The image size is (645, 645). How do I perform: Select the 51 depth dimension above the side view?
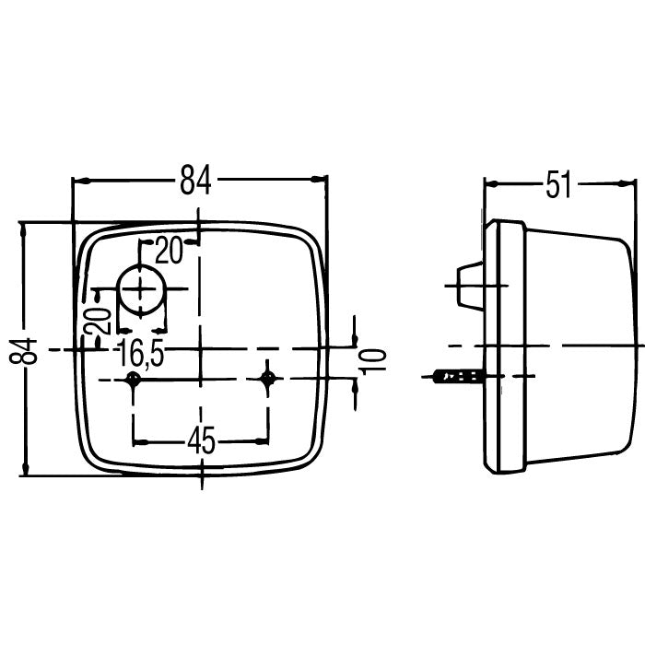tap(558, 184)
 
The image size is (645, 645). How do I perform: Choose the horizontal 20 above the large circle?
tap(170, 249)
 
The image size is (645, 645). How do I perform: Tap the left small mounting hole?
tap(135, 380)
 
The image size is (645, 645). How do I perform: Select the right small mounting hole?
tap(268, 379)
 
